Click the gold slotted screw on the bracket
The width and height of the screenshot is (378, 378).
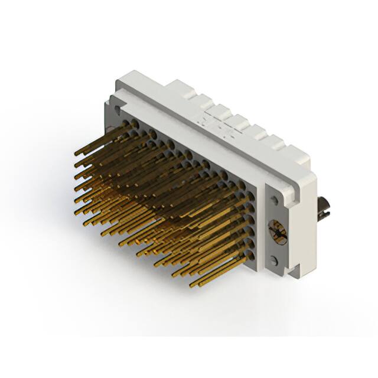click(276, 230)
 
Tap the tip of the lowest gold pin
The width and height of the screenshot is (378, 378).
click(192, 286)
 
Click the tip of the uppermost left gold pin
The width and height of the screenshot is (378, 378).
click(76, 155)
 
